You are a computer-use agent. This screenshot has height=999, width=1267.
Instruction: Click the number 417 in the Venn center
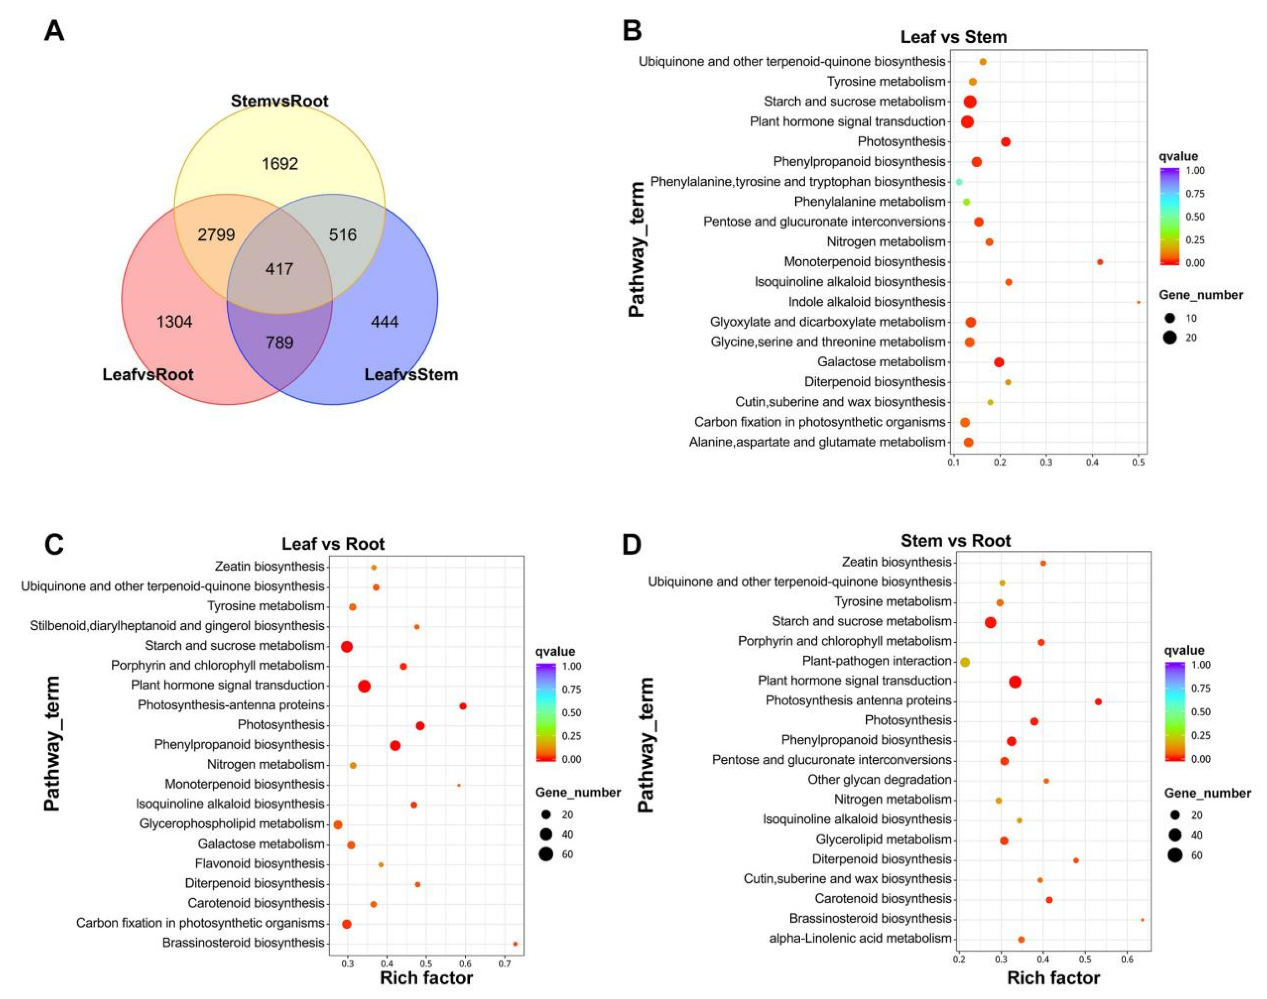279,269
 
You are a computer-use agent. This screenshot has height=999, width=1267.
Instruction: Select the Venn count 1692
280,164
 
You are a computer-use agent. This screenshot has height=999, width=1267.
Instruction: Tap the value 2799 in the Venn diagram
216,234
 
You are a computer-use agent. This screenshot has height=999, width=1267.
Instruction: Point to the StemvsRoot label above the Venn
279,101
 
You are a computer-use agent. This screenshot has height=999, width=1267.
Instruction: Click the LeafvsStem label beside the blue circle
411,374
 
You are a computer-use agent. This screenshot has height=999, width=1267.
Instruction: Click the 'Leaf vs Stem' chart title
953,37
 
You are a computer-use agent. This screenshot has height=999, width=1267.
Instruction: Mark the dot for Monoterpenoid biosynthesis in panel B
1099,262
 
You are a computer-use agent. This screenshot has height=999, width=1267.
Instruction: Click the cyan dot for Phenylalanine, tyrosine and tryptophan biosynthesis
959,182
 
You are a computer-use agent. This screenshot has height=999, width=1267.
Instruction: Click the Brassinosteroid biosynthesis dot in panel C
515,944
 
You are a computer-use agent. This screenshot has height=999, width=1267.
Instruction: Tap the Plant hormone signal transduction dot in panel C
364,686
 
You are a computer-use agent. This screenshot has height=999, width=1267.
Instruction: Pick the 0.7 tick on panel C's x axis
504,963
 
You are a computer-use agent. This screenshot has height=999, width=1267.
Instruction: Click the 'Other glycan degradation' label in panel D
879,780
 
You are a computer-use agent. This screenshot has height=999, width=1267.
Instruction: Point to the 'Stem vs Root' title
955,540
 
